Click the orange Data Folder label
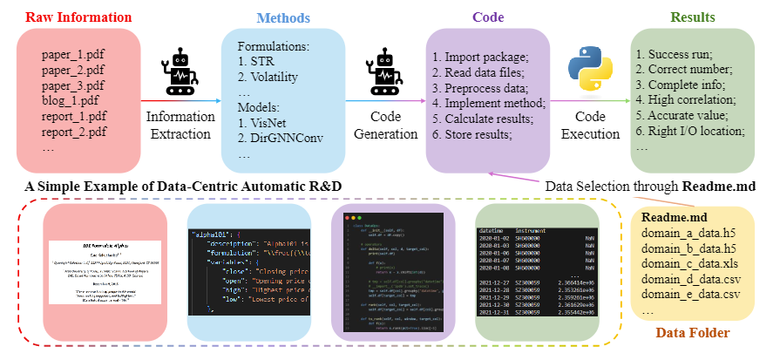point(693,333)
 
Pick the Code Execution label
point(588,125)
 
